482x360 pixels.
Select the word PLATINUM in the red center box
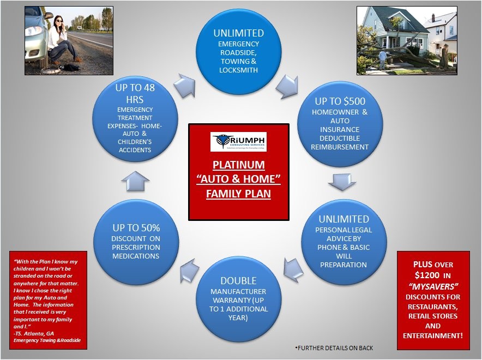tap(238, 165)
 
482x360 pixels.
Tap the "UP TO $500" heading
tap(340, 101)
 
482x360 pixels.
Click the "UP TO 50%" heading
tap(136, 228)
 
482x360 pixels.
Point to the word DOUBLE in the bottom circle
tap(238, 280)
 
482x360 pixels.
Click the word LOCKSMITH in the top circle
tap(238, 70)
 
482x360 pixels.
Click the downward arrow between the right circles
tap(342, 182)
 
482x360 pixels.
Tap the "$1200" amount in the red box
tap(427, 274)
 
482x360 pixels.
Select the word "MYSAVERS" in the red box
tap(433, 285)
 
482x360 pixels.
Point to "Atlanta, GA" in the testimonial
tap(42, 333)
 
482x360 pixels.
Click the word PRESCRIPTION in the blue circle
tap(136, 248)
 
